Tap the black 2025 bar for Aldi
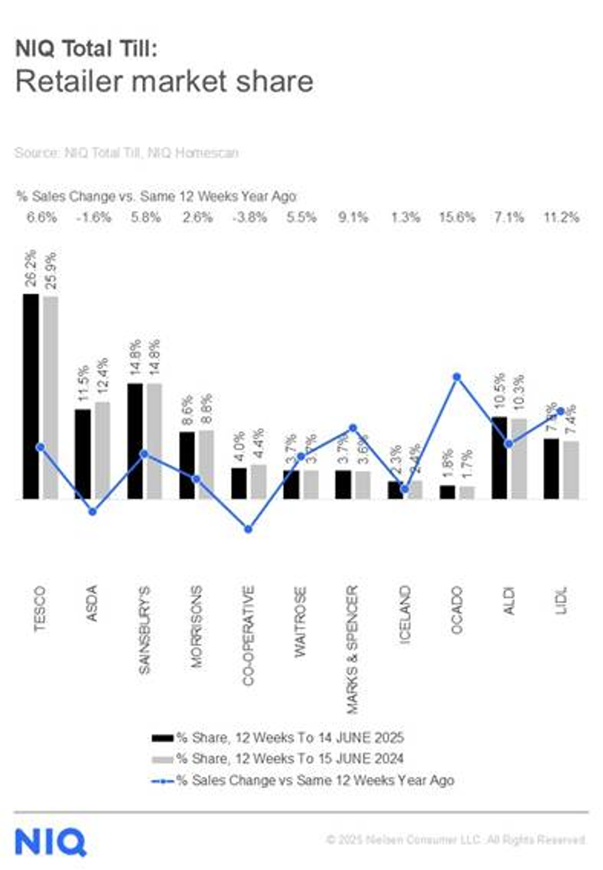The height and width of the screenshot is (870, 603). point(500,457)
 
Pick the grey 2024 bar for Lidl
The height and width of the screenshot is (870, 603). point(571,470)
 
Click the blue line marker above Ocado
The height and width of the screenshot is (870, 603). point(457,377)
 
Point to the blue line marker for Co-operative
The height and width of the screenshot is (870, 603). point(248,529)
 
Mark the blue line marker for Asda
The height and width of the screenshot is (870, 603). point(92,511)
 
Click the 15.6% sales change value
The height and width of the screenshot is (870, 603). point(457,217)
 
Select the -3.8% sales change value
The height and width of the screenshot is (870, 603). point(249,217)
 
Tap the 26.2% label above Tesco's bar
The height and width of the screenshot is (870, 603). point(31,268)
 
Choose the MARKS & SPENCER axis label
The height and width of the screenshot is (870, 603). point(352,649)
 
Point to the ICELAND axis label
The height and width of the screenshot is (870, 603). point(404,614)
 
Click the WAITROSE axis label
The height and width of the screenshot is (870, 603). point(300,622)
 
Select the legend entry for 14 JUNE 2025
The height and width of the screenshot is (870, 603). point(290,737)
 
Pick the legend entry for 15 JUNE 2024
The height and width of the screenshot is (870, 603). point(290,759)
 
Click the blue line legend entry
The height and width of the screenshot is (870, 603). point(314,780)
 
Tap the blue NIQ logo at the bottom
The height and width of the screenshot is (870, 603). point(50,842)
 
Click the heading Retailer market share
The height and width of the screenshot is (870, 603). point(164,81)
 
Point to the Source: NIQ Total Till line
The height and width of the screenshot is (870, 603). point(126,152)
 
